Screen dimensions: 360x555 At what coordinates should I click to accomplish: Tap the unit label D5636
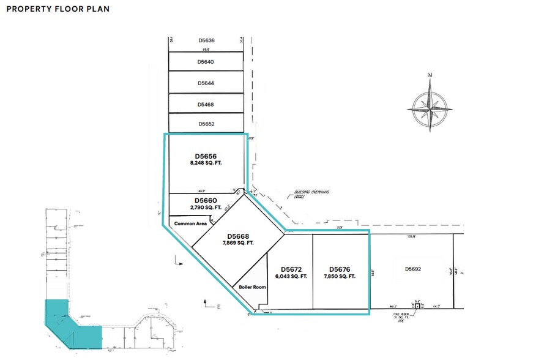point(206,40)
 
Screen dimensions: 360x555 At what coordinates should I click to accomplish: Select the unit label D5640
point(206,62)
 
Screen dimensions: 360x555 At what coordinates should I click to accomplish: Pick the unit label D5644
point(206,83)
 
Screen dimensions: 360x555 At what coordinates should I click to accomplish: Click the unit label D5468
point(206,105)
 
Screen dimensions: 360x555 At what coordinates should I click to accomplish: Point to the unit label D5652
point(206,124)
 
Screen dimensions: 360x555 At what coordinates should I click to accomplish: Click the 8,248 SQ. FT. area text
point(206,164)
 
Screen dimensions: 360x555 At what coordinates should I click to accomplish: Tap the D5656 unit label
point(206,156)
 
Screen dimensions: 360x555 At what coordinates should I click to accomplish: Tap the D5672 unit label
point(292,269)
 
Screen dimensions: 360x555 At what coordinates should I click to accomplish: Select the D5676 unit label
point(340,269)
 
